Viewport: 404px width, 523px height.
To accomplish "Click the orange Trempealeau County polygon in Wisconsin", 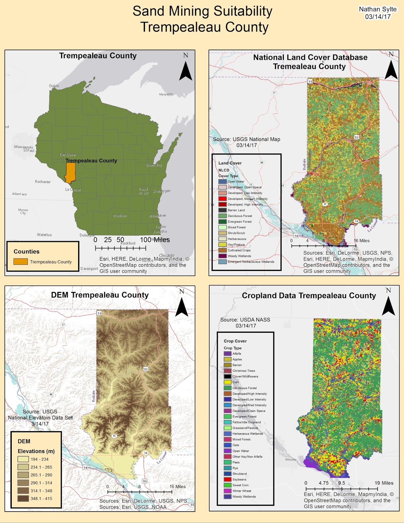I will (70, 173).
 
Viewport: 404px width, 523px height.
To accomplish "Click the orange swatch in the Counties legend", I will (20, 262).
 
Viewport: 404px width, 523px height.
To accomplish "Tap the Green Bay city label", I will (154, 165).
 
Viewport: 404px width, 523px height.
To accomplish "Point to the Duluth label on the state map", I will (54, 86).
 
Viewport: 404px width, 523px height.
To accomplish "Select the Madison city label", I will (120, 216).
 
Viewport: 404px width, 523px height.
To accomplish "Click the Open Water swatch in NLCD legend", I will (222, 181).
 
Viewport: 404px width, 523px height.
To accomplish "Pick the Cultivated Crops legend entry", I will (239, 250).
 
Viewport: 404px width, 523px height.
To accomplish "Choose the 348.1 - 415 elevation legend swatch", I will (23, 498).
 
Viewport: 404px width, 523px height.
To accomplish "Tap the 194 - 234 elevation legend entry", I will (39, 459).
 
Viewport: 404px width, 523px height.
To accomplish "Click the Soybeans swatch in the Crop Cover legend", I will (228, 480).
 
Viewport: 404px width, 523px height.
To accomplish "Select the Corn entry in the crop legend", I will (235, 382).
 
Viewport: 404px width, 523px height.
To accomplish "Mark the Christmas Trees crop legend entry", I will (244, 371).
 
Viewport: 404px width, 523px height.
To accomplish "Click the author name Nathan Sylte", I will (378, 9).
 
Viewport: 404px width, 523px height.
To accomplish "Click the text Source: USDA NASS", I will (245, 320).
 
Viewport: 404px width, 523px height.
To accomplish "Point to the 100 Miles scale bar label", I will (155, 240).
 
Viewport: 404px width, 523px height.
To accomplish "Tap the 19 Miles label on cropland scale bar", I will (384, 483).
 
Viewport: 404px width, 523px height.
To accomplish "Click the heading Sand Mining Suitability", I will (202, 11).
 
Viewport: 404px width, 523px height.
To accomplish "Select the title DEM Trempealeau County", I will (100, 295).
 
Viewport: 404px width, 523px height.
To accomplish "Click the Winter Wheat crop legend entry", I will (242, 491).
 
